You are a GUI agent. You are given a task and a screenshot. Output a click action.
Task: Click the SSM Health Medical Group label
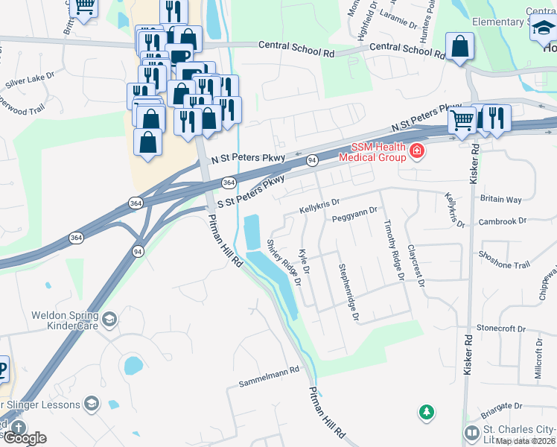click(x=372, y=151)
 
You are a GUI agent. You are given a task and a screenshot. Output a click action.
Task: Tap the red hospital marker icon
click(x=417, y=152)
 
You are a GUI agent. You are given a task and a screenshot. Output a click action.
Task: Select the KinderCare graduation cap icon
click(x=109, y=320)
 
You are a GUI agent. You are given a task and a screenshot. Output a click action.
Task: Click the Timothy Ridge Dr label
click(x=393, y=249)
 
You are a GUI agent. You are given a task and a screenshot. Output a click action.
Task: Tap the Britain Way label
click(x=501, y=200)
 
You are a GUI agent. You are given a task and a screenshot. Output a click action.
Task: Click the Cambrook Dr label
click(x=504, y=221)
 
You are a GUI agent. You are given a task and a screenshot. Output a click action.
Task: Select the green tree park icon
click(x=426, y=411)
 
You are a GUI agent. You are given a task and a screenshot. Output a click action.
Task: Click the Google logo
click(x=24, y=437)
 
